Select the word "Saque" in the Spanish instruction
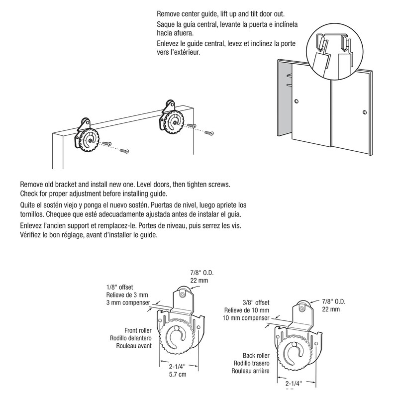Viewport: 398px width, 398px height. click(166, 25)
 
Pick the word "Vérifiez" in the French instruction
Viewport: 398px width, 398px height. click(32, 236)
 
